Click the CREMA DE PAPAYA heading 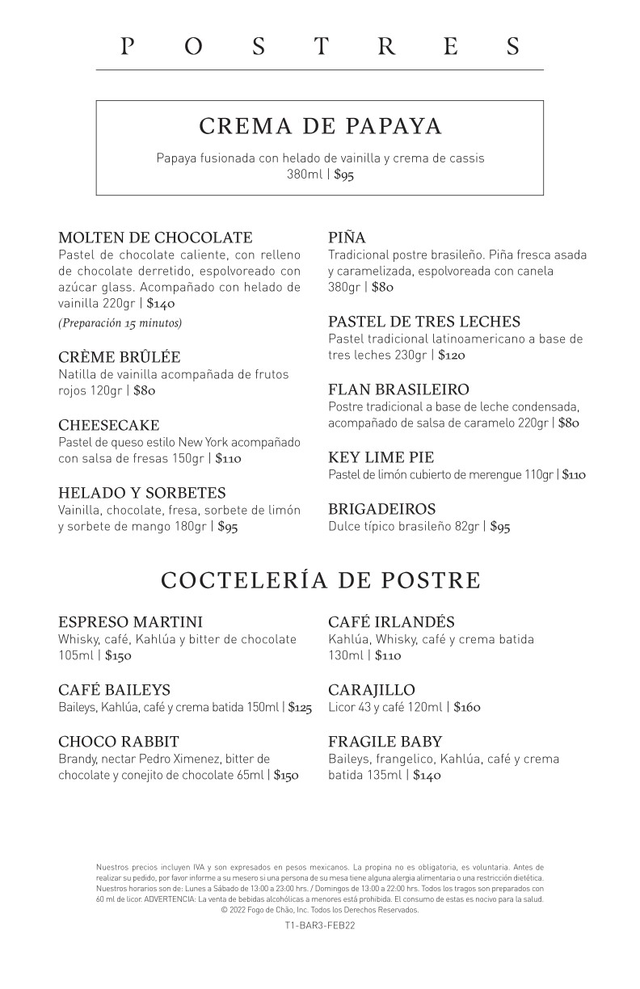[320, 127]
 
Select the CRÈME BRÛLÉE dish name [120, 357]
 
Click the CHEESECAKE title [109, 425]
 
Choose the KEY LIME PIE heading [381, 457]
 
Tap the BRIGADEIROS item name [382, 509]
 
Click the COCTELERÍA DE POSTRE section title [320, 580]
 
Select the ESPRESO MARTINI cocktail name [131, 622]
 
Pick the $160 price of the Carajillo [467, 707]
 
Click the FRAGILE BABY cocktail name [385, 742]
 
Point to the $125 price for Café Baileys [300, 707]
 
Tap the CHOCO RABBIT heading [119, 742]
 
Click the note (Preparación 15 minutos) [120, 323]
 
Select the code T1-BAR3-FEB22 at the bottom [320, 926]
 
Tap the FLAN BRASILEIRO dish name [398, 389]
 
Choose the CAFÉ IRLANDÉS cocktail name [391, 622]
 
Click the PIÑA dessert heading [347, 238]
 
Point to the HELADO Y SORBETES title [142, 493]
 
